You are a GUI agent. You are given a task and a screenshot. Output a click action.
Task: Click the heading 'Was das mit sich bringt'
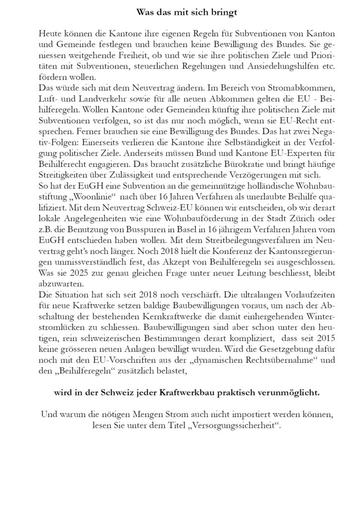(x=180, y=9)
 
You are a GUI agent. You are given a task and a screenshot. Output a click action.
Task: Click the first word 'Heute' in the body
(x=48, y=32)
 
